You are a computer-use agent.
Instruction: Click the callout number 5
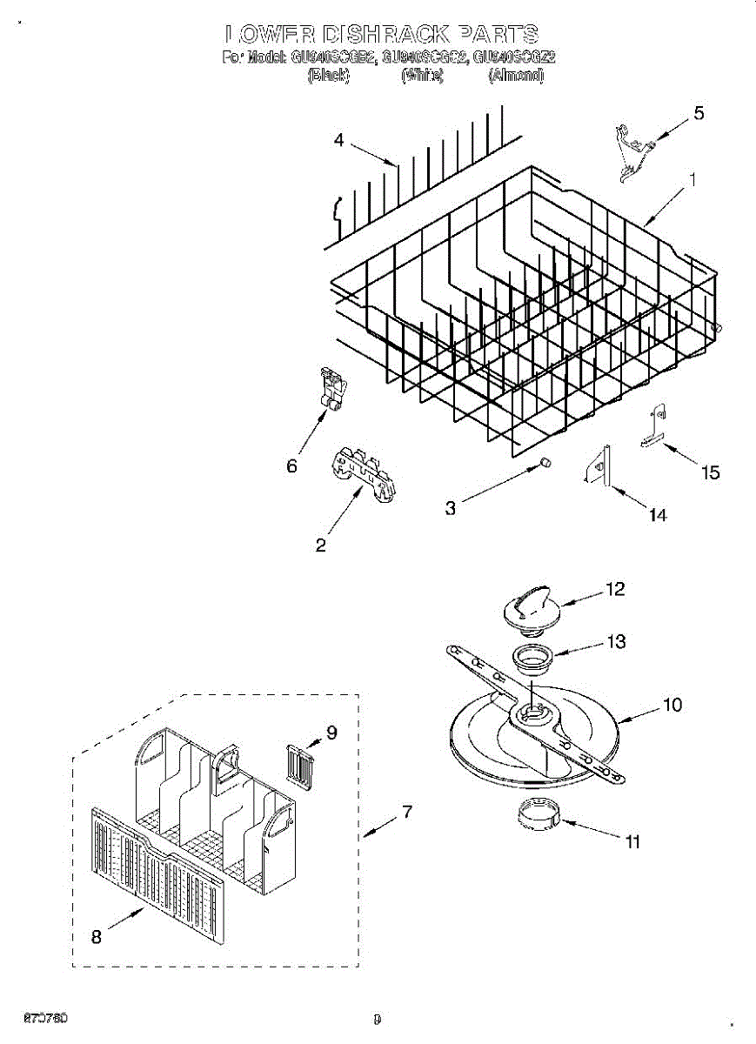699,113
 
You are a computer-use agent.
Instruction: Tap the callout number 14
658,515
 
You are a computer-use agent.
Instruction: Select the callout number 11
632,841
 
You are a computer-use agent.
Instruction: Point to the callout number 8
96,937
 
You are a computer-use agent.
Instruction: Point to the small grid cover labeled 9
300,766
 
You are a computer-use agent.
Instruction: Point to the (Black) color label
329,77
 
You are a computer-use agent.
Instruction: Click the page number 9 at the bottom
377,1019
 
